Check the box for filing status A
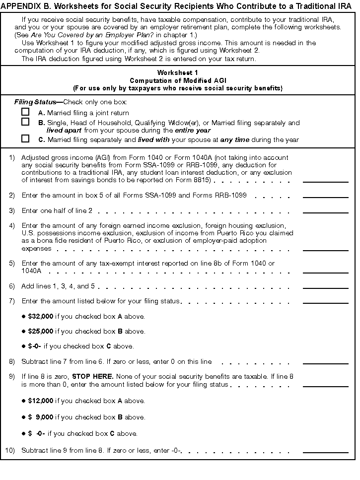(x=25, y=112)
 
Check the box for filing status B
(x=25, y=122)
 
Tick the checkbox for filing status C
(x=25, y=139)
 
